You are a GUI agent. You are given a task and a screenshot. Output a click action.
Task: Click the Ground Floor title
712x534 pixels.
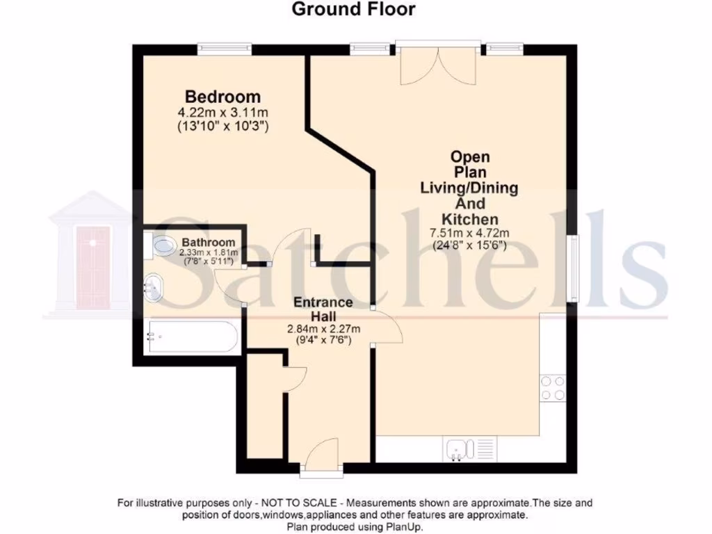[x=353, y=9]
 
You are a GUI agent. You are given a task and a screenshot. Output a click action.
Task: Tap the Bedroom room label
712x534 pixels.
[x=222, y=97]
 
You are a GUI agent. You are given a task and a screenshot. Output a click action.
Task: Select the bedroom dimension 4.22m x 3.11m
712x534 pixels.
[x=223, y=112]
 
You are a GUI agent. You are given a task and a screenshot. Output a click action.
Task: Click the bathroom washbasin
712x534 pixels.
[x=154, y=286]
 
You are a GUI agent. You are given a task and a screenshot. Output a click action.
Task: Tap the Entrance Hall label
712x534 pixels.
[x=323, y=309]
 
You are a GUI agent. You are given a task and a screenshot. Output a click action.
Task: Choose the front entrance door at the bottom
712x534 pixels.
[x=322, y=460]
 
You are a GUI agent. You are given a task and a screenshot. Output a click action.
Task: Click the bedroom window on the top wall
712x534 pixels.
[x=223, y=48]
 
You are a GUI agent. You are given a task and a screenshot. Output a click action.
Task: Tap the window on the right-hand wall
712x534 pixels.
[x=574, y=268]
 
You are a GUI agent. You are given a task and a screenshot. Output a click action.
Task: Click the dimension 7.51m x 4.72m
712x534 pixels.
[x=471, y=233]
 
